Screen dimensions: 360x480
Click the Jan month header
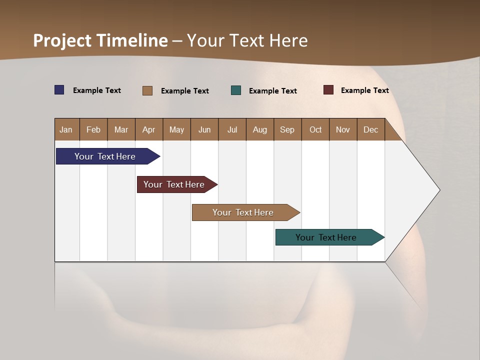tap(66, 129)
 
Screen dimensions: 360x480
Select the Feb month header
tap(93, 129)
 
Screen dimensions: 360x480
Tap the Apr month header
tap(148, 129)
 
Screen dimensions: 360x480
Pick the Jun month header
tap(204, 129)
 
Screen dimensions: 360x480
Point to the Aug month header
tap(259, 129)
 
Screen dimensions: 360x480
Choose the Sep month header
tap(287, 129)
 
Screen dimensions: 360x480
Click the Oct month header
tap(315, 129)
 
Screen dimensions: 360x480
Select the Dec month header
tap(370, 129)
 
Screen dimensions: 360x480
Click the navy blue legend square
tap(59, 90)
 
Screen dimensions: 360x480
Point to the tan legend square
tap(147, 90)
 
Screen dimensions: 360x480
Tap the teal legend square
tap(236, 90)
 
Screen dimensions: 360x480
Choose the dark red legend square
tap(328, 90)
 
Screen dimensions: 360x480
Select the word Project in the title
tap(62, 40)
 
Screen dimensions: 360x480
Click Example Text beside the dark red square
tap(364, 90)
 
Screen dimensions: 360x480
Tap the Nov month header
tap(342, 129)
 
